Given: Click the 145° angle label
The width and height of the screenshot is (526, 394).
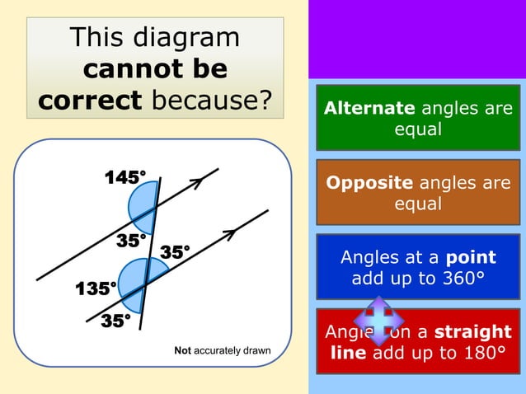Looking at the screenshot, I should tap(124, 177).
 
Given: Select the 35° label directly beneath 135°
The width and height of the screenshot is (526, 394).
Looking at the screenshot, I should tap(115, 321).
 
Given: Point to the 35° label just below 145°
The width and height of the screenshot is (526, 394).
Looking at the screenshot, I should tap(130, 241).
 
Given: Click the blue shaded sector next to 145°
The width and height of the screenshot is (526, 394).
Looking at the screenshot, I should tap(143, 207).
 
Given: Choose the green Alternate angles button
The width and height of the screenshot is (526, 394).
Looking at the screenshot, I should tap(418, 118).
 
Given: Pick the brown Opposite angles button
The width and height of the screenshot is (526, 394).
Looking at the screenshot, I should tap(418, 193).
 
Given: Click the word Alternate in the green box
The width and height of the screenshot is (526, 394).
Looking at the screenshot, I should tap(369, 108).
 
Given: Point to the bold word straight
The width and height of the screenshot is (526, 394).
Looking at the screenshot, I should tap(472, 331).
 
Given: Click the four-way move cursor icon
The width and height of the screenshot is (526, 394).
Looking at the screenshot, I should tap(378, 321).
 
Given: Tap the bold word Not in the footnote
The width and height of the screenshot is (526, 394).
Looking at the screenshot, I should tap(183, 351).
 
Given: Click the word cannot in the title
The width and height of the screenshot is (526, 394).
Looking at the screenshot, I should tap(127, 69).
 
